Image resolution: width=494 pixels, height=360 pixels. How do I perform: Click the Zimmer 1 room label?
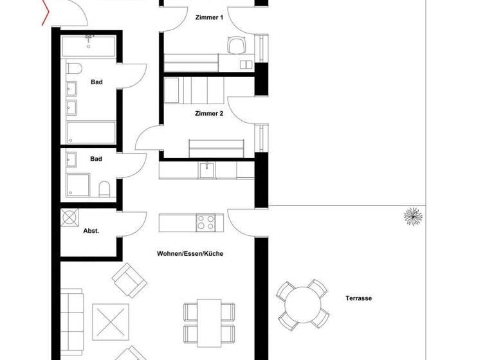[x=209, y=18]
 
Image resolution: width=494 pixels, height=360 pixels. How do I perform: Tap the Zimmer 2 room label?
[x=209, y=114]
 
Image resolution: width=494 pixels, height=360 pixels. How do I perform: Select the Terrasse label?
[x=358, y=298]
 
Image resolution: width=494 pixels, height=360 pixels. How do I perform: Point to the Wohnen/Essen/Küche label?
[x=190, y=254]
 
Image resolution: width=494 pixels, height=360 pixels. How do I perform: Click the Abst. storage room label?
[x=91, y=230]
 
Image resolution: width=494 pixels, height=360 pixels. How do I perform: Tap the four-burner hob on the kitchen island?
[x=206, y=222]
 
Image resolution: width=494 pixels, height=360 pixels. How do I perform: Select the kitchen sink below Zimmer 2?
[x=206, y=170]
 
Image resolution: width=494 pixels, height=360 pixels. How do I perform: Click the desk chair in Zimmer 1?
[x=237, y=45]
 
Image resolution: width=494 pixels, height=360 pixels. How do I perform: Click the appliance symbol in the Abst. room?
[x=69, y=217]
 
